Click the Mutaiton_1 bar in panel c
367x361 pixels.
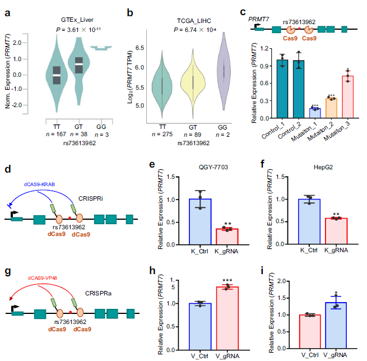point(315,113)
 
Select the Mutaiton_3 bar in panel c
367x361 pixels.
point(347,97)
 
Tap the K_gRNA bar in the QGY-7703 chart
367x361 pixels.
point(227,237)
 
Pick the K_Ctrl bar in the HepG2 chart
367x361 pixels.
point(309,221)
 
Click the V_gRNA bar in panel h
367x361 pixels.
point(227,318)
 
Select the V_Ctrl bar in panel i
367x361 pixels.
point(310,332)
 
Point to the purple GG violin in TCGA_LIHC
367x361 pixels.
point(224,71)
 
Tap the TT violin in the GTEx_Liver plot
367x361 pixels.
point(57,75)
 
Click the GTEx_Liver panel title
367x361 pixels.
point(77,20)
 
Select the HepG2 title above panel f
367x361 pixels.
point(323,167)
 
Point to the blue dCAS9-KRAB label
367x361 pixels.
point(39,184)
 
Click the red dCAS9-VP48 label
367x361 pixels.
point(43,278)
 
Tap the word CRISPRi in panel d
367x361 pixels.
point(91,198)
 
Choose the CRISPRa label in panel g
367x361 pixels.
point(98,293)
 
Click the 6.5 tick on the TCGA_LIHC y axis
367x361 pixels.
point(140,48)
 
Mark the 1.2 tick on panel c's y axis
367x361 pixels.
point(264,48)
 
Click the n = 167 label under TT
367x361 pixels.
point(56,134)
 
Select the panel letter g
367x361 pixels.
point(8,271)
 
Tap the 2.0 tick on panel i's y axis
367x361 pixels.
point(282,281)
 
